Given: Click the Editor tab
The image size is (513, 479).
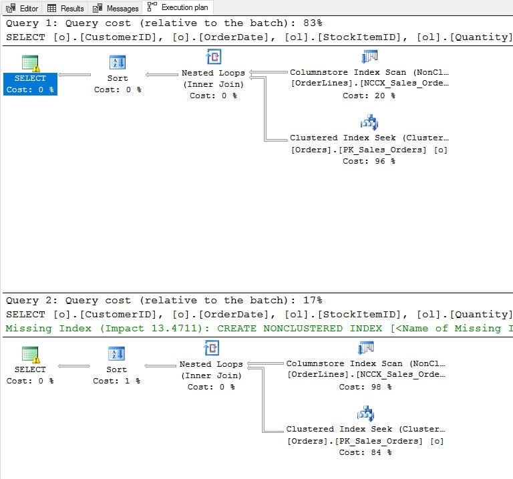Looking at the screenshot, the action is coord(22,8).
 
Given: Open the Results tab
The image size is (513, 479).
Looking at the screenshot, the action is coord(65,8).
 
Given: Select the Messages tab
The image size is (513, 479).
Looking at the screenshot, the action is coord(116,8).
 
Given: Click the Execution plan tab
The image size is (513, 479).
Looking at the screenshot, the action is coord(178,7).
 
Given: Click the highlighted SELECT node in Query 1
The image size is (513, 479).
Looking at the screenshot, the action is coord(30,84).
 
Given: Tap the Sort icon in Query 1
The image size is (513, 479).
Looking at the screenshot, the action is coord(117,62).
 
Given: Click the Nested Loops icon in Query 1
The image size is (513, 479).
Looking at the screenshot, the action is coord(213,57).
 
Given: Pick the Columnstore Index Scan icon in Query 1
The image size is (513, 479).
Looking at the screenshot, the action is coord(369,56).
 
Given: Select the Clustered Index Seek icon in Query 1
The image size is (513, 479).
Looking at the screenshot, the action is coord(369,122).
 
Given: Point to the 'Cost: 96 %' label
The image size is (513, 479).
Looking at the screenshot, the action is coord(369,161).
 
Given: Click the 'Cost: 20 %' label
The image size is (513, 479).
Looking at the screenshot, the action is coord(369,96).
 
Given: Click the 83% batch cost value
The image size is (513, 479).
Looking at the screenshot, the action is coord(313,23).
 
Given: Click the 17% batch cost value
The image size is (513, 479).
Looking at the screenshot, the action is coord(313,300).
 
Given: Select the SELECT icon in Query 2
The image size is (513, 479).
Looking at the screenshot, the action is coord(31,354).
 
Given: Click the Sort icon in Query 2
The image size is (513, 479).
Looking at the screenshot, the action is coord(116,353).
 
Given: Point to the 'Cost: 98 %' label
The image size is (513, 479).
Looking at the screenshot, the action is coord(365,387).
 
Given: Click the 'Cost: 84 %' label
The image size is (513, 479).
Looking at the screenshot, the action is coord(365,452).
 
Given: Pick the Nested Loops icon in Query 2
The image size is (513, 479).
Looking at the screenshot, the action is coord(211,348).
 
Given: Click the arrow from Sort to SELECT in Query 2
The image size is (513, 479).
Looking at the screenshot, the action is coord(74,366).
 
